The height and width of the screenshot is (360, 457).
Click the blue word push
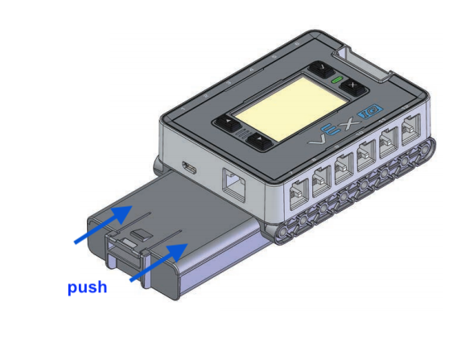(87, 287)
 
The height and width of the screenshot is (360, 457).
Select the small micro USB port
(187, 168)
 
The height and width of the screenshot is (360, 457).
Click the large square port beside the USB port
(233, 185)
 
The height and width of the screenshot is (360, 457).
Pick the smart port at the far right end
(413, 129)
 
